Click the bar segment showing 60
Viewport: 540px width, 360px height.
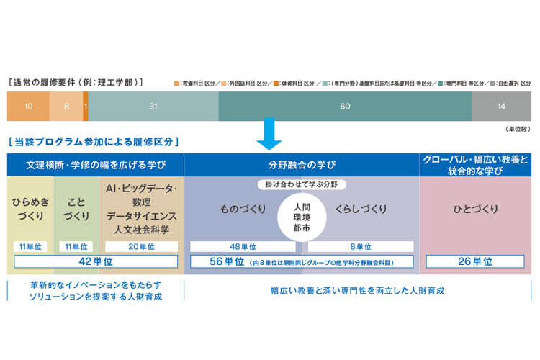(x=345, y=107)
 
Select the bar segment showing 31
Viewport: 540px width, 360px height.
(x=153, y=107)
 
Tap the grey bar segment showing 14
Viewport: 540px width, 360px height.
(x=502, y=107)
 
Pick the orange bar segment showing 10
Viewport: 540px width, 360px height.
(x=28, y=107)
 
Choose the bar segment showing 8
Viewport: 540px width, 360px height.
(x=66, y=107)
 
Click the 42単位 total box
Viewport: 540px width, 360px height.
(x=96, y=261)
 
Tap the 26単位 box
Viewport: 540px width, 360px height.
(x=474, y=261)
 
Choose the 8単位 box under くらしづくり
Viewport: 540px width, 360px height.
(x=361, y=246)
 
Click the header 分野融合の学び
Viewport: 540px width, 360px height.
(x=302, y=163)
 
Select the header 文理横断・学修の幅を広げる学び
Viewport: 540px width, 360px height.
(x=95, y=163)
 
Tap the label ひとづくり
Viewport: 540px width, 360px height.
(x=474, y=210)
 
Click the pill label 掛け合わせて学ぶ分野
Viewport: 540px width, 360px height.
(x=301, y=184)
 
